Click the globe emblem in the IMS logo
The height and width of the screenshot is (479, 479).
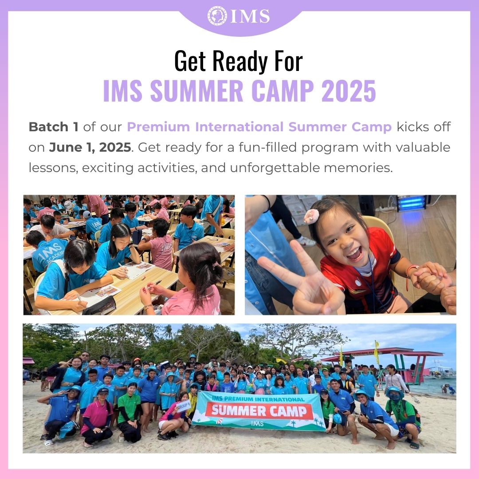(x=217, y=16)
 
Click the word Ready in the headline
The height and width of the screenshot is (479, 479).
(x=239, y=61)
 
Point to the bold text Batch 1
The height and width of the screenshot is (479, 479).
(x=54, y=127)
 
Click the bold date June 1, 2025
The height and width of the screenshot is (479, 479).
(x=90, y=147)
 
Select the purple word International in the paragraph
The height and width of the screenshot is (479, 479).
(x=239, y=127)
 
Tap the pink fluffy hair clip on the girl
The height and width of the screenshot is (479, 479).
(x=311, y=216)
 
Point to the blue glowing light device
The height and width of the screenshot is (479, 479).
(x=411, y=203)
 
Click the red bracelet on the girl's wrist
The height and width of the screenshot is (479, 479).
(x=408, y=276)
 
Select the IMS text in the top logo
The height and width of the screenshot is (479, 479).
(x=250, y=16)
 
